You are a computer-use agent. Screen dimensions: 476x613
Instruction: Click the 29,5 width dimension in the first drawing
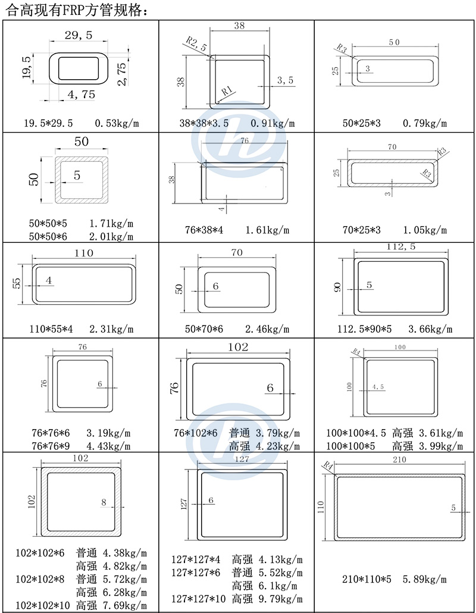coord(79,35)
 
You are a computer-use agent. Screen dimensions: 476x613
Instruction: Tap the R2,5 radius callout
coord(196,44)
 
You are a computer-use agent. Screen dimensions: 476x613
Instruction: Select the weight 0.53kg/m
coord(117,123)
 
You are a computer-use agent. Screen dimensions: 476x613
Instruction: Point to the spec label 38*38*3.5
coord(204,123)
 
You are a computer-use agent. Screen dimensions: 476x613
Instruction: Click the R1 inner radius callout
coord(227,92)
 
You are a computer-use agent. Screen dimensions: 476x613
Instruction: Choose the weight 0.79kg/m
coord(425,123)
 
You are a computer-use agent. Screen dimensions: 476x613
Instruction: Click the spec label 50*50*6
coord(48,236)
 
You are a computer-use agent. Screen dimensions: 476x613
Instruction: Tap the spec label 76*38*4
coord(204,230)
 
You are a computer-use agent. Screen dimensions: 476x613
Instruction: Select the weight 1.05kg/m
coord(425,230)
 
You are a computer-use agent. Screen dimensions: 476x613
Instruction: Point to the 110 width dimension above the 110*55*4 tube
coord(84,253)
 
